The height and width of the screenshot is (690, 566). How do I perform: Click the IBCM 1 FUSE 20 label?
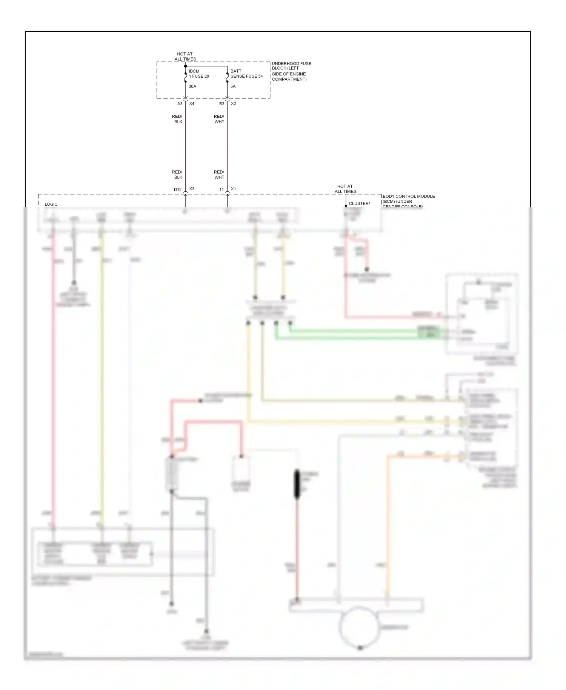pyautogui.click(x=198, y=74)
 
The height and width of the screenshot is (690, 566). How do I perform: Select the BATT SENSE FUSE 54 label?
pyautogui.click(x=246, y=74)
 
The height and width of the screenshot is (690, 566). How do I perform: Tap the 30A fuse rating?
pyautogui.click(x=192, y=86)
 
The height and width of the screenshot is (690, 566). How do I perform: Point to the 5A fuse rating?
pyautogui.click(x=233, y=86)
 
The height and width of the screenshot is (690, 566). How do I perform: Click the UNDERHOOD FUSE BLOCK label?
pyautogui.click(x=291, y=71)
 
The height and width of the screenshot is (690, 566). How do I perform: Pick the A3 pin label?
pyautogui.click(x=180, y=104)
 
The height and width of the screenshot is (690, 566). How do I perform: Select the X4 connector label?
pyautogui.click(x=192, y=103)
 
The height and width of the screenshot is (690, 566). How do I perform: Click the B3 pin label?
pyautogui.click(x=221, y=104)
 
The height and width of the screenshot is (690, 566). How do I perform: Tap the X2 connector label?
pyautogui.click(x=234, y=103)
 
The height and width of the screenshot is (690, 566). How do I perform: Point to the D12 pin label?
pyautogui.click(x=177, y=190)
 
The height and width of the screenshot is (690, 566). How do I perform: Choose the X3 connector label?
pyautogui.click(x=192, y=189)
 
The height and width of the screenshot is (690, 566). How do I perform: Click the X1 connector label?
pyautogui.click(x=234, y=189)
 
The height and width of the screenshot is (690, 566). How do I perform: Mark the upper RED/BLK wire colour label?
pyautogui.click(x=177, y=119)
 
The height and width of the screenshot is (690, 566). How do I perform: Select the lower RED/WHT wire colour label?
pyautogui.click(x=219, y=174)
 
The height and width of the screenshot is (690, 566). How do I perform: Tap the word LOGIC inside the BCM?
pyautogui.click(x=51, y=204)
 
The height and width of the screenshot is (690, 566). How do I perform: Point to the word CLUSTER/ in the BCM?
pyautogui.click(x=359, y=203)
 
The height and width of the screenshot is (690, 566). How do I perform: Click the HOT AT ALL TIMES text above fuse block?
pyautogui.click(x=185, y=57)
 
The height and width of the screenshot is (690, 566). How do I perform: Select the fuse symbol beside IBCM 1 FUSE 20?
pyautogui.click(x=185, y=77)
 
